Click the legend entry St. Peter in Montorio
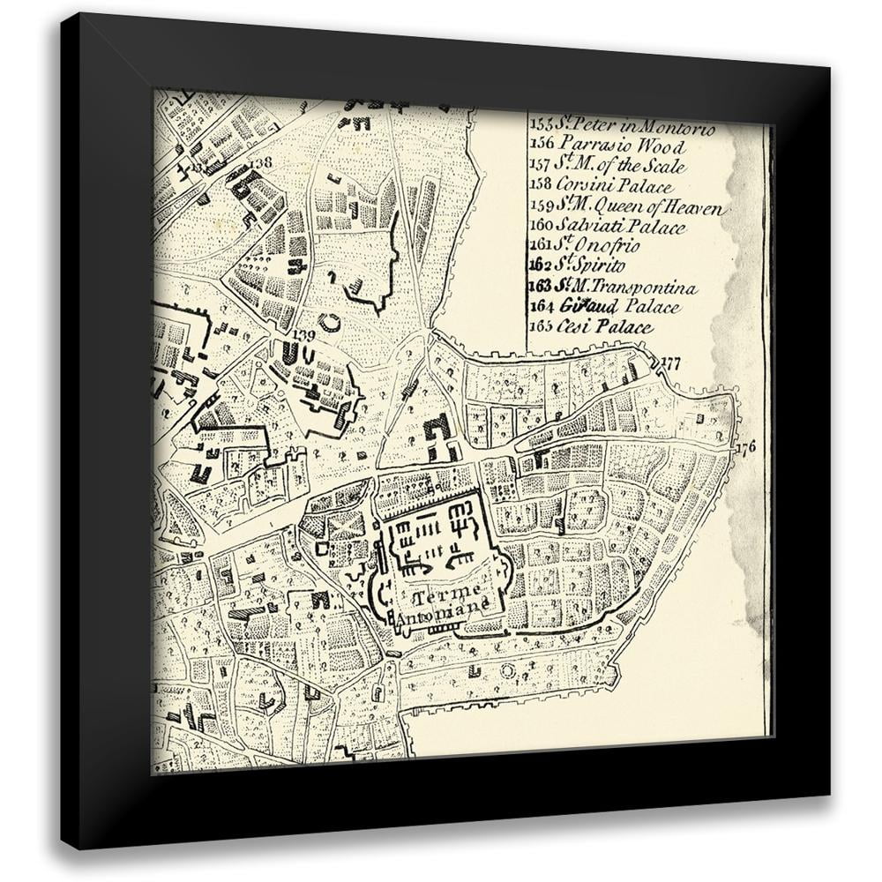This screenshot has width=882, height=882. (622, 125)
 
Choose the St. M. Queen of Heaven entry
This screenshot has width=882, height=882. (628, 207)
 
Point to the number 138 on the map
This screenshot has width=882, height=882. (260, 162)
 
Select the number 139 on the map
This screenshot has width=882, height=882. (303, 334)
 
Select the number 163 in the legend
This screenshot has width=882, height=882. (540, 287)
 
